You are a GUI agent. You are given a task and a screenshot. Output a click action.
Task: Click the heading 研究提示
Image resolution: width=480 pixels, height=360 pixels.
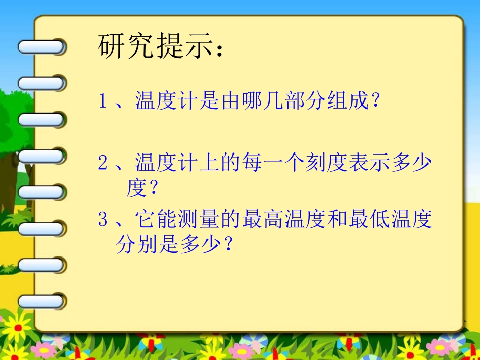(154, 46)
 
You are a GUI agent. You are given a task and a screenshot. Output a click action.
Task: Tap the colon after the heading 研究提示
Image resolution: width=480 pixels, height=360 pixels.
(219, 50)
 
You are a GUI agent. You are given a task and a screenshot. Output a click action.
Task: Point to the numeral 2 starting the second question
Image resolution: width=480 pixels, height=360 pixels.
(103, 163)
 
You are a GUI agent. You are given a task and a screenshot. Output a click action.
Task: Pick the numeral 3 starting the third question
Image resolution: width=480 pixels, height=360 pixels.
(103, 220)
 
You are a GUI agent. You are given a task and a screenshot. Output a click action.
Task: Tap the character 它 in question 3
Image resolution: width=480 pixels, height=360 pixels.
(146, 220)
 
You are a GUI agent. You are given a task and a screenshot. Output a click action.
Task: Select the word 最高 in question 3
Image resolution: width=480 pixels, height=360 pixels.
(263, 220)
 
